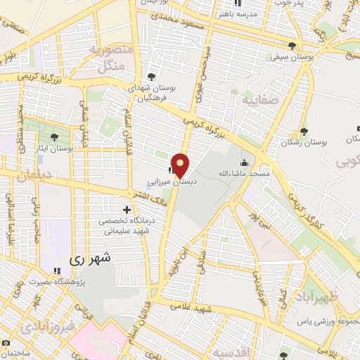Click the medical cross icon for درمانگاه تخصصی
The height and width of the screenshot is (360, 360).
(x=127, y=210)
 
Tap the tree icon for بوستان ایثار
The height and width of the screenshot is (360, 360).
(x=56, y=137)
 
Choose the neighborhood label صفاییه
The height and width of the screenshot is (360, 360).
(x=260, y=101)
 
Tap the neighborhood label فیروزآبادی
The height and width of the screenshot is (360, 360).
(x=44, y=327)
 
